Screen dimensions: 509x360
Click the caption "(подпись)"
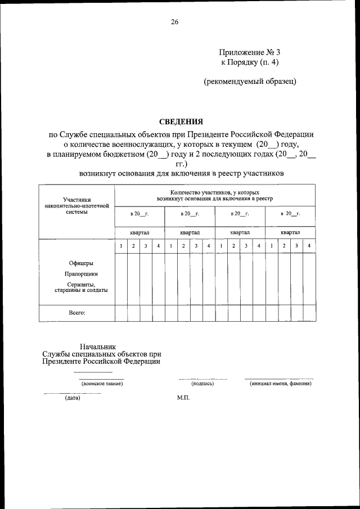pyautogui.click(x=202, y=384)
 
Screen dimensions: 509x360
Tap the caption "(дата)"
pyautogui.click(x=73, y=398)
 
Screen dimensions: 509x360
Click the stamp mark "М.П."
pyautogui.click(x=183, y=398)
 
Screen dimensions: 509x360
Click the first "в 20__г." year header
pyautogui.click(x=139, y=214)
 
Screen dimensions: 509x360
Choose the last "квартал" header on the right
pyautogui.click(x=290, y=232)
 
